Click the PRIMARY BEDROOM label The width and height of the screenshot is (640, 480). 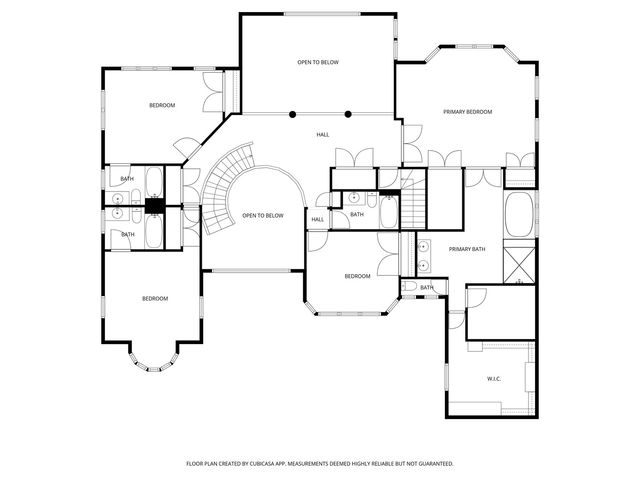pyautogui.click(x=468, y=112)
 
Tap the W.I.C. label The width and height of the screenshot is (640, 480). pyautogui.click(x=493, y=379)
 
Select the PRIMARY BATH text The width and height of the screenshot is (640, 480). pyautogui.click(x=466, y=249)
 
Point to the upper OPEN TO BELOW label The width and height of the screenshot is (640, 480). pyautogui.click(x=318, y=63)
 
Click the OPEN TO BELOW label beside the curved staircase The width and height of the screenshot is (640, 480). pyautogui.click(x=263, y=216)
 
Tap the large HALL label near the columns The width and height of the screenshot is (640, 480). pyautogui.click(x=323, y=134)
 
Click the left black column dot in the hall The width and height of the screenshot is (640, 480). pyautogui.click(x=293, y=113)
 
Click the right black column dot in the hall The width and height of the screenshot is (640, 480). pyautogui.click(x=348, y=113)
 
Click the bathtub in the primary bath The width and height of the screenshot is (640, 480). pyautogui.click(x=519, y=214)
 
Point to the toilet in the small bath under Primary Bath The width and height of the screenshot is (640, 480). pyautogui.click(x=410, y=288)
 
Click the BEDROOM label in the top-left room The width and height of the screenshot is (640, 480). pyautogui.click(x=162, y=106)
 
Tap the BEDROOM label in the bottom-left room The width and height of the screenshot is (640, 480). pyautogui.click(x=154, y=299)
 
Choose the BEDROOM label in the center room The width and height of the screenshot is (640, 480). pyautogui.click(x=357, y=276)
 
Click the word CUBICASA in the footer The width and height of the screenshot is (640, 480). pyautogui.click(x=301, y=464)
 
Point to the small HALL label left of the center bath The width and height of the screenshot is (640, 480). pyautogui.click(x=317, y=220)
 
